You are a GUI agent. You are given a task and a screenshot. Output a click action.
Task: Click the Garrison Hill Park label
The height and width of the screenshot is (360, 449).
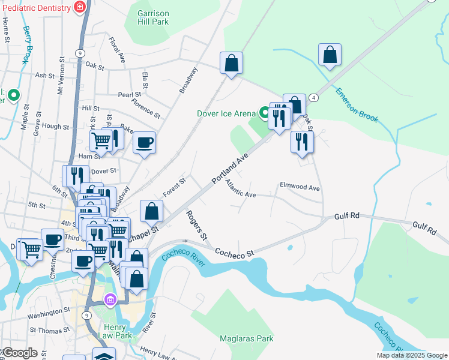click(153, 17)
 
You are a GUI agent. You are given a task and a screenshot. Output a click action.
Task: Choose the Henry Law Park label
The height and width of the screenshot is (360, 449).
click(114, 331)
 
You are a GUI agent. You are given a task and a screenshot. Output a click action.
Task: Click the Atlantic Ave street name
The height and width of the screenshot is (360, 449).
click(241, 190)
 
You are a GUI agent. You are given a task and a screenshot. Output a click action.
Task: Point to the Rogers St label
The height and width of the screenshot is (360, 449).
click(196, 224)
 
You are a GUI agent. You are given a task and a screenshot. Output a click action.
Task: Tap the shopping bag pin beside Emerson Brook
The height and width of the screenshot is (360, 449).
click(330, 55)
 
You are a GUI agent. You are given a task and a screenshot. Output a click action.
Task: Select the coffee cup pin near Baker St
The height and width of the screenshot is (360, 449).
click(144, 142)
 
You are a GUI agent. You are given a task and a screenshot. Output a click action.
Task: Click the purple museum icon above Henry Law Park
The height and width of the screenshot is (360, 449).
click(110, 299)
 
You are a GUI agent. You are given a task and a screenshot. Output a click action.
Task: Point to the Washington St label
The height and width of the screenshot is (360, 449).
click(49, 313)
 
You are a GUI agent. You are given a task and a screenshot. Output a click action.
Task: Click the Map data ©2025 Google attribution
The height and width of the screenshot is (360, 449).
click(412, 355)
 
